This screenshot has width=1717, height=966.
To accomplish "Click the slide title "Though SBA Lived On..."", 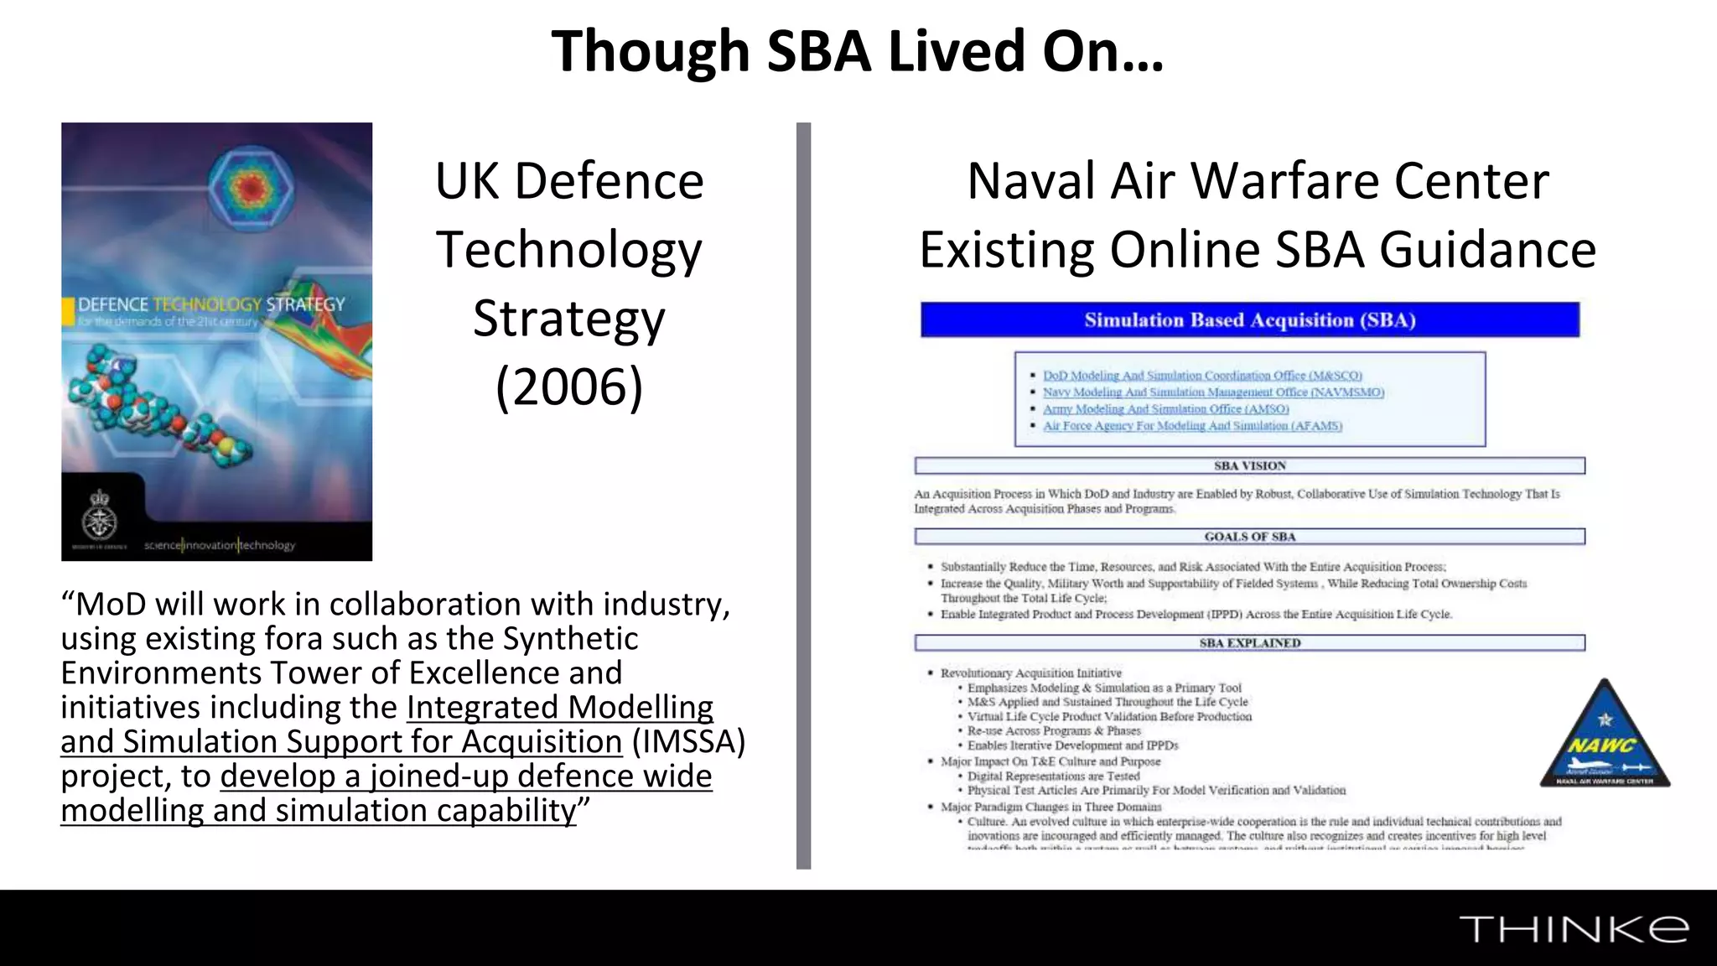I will click(858, 51).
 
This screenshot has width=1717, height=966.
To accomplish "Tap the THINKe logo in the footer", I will click(1573, 929).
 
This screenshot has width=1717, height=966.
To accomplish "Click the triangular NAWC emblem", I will click(1605, 737).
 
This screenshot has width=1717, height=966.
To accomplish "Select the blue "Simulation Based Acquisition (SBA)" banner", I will click(1249, 320).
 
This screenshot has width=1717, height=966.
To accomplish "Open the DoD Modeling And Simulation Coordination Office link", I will click(1202, 376).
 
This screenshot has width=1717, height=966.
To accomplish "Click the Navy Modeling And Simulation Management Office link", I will click(1213, 392).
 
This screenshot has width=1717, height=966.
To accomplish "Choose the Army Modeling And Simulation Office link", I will click(1165, 409).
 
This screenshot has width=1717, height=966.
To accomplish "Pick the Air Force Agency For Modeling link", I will click(1192, 426).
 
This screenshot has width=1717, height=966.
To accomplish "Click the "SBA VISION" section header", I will click(1249, 466).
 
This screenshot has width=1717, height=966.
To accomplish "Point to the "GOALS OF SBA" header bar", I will click(1249, 537).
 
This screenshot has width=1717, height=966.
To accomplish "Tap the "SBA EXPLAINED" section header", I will click(1249, 643).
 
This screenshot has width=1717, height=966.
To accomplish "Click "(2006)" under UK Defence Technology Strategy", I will click(569, 387).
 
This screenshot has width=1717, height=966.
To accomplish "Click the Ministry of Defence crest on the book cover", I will click(100, 514).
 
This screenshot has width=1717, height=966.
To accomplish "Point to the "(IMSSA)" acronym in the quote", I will click(688, 742).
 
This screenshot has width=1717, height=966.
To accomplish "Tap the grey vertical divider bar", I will click(803, 495).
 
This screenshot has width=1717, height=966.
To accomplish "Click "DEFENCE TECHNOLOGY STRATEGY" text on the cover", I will click(211, 304).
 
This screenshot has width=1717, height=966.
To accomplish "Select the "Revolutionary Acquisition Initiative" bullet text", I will click(1030, 673).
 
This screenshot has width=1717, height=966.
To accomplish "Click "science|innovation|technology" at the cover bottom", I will click(220, 545).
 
